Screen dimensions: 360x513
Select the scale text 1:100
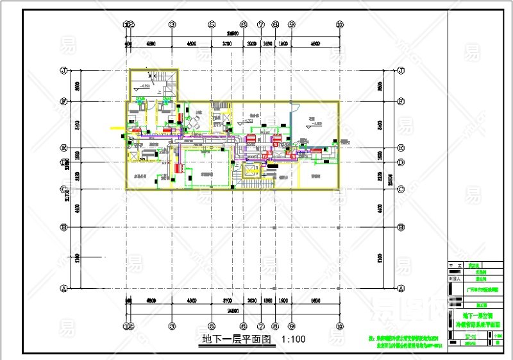(293, 339)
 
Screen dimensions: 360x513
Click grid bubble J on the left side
(63, 70)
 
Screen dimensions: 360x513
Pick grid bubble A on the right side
(400, 288)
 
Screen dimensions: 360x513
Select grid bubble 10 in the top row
(340, 24)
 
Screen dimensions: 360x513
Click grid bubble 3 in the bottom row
(172, 325)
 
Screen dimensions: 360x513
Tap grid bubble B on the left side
(63, 227)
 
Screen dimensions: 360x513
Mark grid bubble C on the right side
(400, 189)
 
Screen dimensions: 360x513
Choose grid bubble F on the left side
(63, 101)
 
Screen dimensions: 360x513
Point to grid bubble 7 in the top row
(261, 24)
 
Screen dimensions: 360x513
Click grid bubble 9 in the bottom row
(291, 325)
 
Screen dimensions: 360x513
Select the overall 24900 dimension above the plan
(232, 33)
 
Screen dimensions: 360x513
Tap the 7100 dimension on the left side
(76, 258)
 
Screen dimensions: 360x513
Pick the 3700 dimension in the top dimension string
(227, 44)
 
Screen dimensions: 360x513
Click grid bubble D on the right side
(400, 163)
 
